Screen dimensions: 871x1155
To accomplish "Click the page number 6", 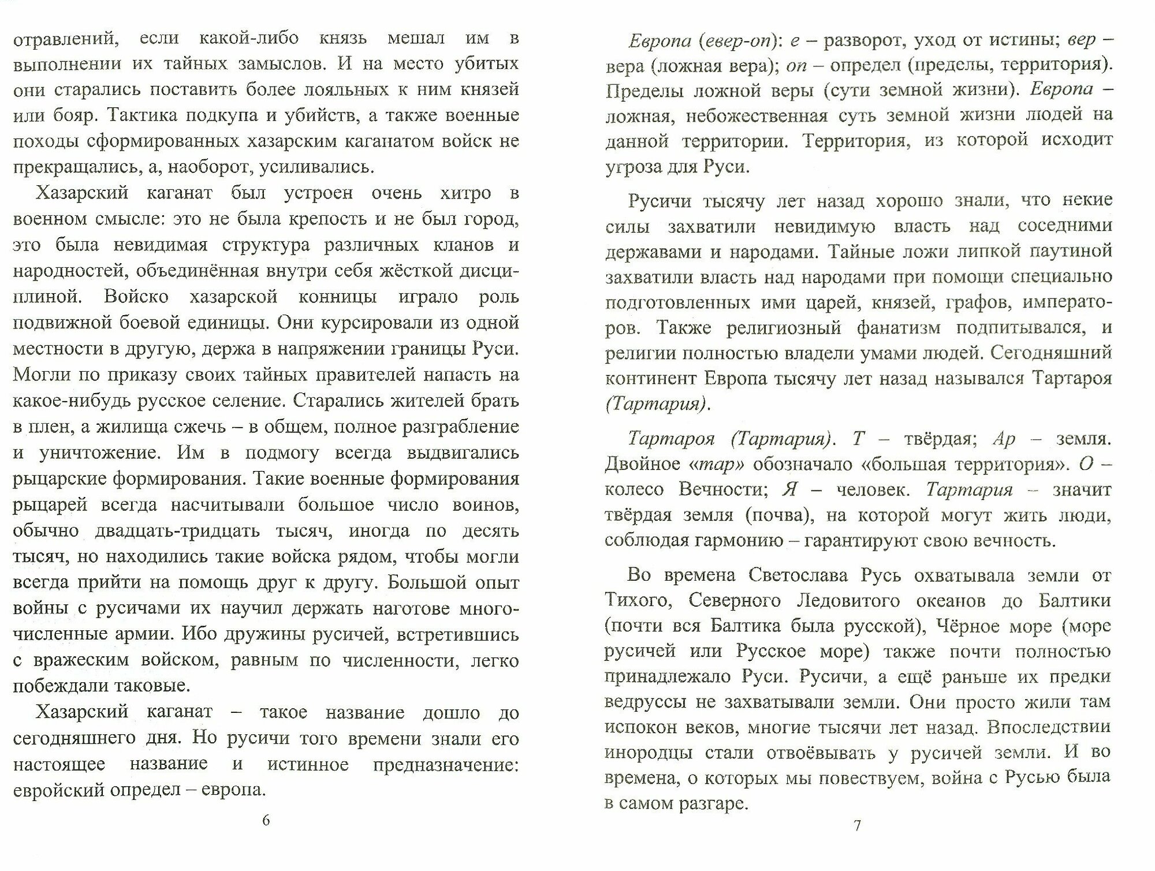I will tap(266, 820).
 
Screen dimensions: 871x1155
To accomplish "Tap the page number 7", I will tap(857, 825).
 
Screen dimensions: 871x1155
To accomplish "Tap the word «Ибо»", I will tap(198, 634).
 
